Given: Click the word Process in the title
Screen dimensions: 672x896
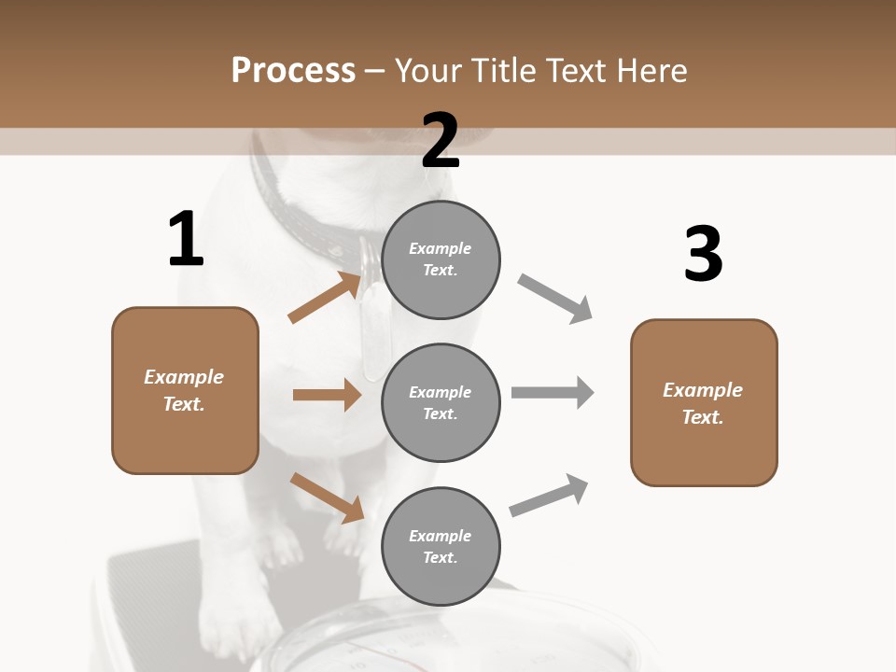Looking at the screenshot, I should click(x=293, y=70).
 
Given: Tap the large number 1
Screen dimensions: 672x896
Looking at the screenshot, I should click(x=186, y=239).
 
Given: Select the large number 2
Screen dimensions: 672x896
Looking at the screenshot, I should click(x=441, y=140).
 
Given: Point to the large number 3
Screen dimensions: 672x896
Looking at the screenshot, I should click(x=704, y=254).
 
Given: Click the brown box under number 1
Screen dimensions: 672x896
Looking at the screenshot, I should click(x=185, y=390).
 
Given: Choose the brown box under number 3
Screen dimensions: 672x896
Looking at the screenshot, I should click(x=704, y=403).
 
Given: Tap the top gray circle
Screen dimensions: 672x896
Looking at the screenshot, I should click(x=441, y=259).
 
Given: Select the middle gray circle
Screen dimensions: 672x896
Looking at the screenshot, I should click(x=441, y=402).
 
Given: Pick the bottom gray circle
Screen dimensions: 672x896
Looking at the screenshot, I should click(x=441, y=546).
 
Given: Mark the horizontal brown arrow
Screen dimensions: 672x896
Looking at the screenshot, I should click(x=327, y=395).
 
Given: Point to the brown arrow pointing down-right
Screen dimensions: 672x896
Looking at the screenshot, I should click(x=327, y=497).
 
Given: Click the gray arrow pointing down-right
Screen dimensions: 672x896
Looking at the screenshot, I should click(x=554, y=299).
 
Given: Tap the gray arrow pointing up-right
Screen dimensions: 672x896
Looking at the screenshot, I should click(x=549, y=495).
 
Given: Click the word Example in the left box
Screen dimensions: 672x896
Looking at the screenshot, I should click(x=184, y=377).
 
